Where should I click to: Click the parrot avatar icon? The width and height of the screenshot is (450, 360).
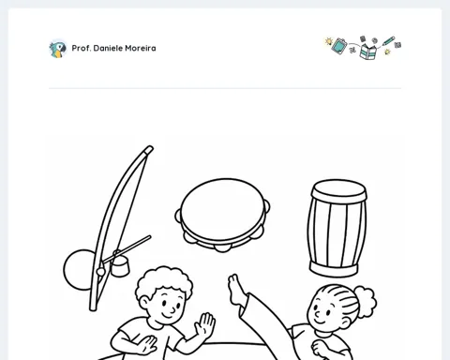pyautogui.click(x=58, y=49)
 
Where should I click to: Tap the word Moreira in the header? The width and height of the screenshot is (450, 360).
pyautogui.click(x=141, y=48)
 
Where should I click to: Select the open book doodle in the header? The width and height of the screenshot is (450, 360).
pyautogui.click(x=368, y=52)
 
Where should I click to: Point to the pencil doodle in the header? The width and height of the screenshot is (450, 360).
pyautogui.click(x=388, y=41)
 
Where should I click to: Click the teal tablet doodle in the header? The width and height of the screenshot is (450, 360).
pyautogui.click(x=338, y=46)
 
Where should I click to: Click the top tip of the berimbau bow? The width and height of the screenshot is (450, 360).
pyautogui.click(x=150, y=147)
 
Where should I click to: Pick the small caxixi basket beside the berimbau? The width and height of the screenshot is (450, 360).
pyautogui.click(x=120, y=265)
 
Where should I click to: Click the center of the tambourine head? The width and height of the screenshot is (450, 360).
pyautogui.click(x=223, y=209)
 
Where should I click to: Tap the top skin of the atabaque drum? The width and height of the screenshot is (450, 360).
pyautogui.click(x=338, y=187)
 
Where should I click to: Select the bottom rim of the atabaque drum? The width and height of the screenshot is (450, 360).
pyautogui.click(x=334, y=269)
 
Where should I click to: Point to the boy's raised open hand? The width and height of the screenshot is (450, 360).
pyautogui.click(x=205, y=325)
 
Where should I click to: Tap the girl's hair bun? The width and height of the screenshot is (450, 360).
pyautogui.click(x=365, y=301)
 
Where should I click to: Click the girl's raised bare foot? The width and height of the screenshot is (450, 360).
pyautogui.click(x=236, y=290)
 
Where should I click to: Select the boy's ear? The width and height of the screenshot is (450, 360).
pyautogui.click(x=143, y=302)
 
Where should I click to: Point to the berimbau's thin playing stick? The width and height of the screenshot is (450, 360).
pyautogui.click(x=127, y=249)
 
